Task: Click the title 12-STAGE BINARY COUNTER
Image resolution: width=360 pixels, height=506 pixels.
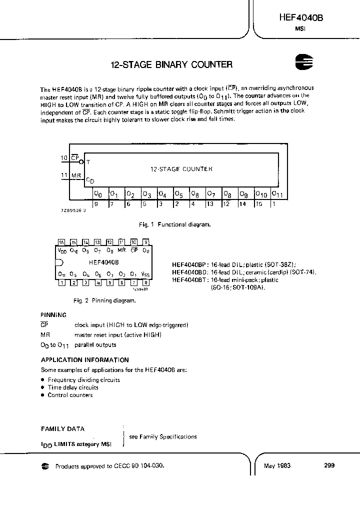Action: [171, 64]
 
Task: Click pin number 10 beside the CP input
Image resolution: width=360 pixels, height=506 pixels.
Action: [64, 158]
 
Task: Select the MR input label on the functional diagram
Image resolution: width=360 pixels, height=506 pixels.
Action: [76, 175]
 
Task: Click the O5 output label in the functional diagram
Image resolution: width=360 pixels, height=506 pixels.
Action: [179, 194]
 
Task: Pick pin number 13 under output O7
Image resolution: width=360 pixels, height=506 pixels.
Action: [210, 204]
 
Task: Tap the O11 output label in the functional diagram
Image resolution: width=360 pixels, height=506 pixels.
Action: [277, 194]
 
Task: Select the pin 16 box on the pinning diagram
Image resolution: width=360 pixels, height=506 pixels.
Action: [61, 241]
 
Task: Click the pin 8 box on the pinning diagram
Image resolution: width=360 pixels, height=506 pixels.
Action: [145, 282]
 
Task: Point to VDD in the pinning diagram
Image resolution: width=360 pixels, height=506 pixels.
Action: [62, 250]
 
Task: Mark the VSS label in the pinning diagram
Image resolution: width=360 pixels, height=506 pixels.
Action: [145, 273]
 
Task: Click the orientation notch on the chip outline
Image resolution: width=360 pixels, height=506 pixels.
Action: [58, 262]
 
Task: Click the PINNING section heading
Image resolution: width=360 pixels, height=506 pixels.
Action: [53, 315]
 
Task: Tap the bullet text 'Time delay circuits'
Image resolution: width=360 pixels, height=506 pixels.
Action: [73, 387]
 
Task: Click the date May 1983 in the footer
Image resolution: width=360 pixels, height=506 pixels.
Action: [277, 465]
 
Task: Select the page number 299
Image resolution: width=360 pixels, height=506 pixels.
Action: [329, 465]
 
